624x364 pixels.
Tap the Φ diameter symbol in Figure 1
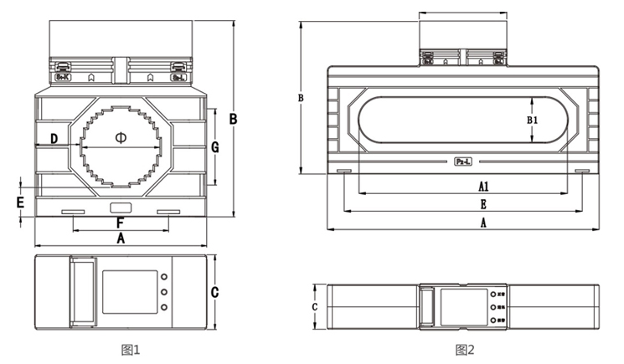click(x=119, y=136)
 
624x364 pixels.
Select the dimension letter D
click(x=54, y=137)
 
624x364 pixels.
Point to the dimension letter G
click(x=214, y=146)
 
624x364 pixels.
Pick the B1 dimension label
click(x=532, y=120)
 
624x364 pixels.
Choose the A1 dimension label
click(x=483, y=185)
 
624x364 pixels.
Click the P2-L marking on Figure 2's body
click(x=463, y=161)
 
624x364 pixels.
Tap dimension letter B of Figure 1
click(x=234, y=119)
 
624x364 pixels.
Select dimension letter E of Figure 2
click(x=483, y=204)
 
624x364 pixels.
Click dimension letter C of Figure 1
click(x=214, y=292)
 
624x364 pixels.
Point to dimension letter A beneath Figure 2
click(x=483, y=223)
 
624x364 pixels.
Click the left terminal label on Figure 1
click(x=62, y=78)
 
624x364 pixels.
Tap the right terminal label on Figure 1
click(x=178, y=78)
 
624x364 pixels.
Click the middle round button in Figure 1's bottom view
click(x=163, y=293)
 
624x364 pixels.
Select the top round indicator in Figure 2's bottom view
click(x=487, y=294)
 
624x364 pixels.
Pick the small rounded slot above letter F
click(x=120, y=207)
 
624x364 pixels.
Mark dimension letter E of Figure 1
click(x=21, y=202)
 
